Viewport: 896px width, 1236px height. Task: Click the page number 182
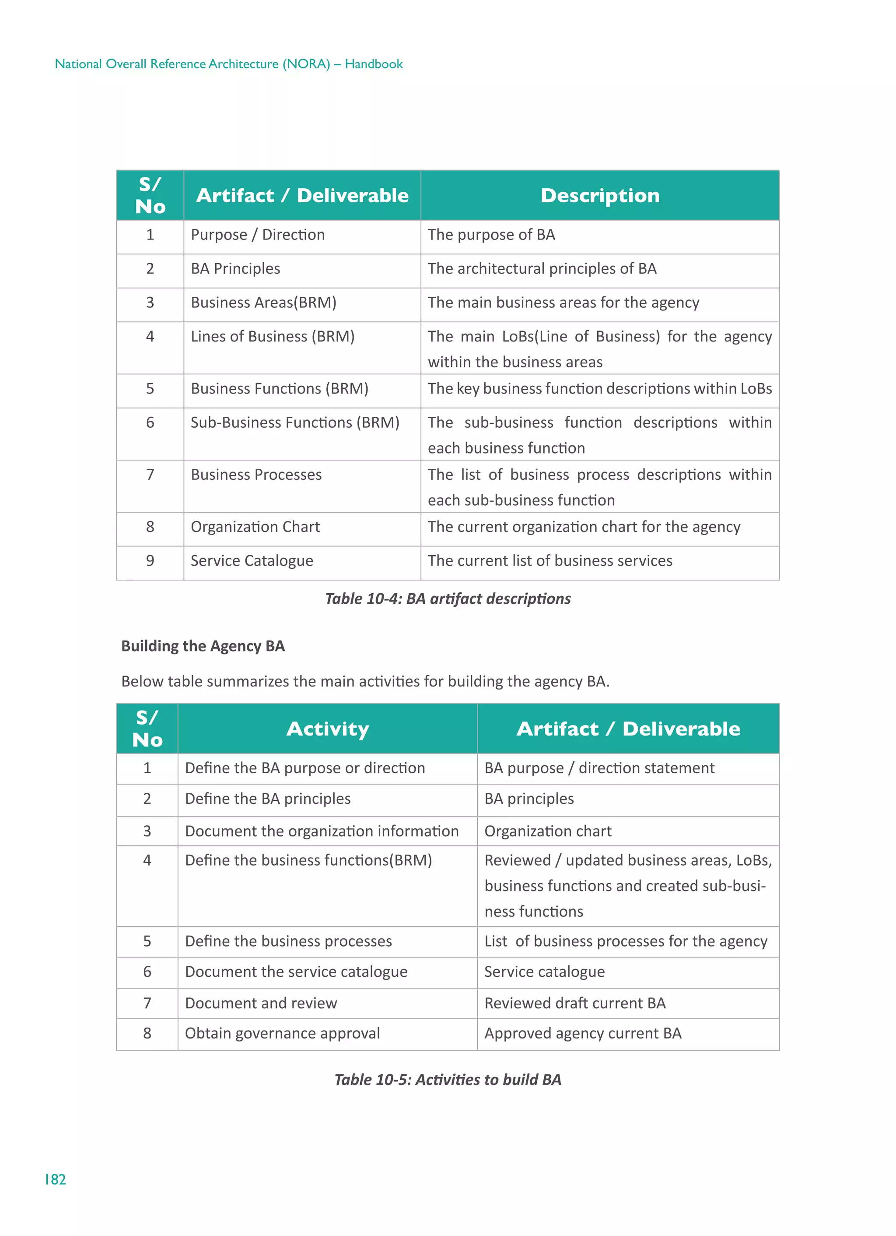[55, 1180]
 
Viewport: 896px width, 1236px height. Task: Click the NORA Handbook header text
[228, 64]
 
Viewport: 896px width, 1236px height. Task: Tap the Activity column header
[327, 729]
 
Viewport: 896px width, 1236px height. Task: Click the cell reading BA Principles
[235, 269]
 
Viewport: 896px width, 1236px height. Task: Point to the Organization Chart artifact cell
[255, 527]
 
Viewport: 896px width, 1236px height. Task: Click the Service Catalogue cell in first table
[252, 561]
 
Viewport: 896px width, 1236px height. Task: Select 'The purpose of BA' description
[491, 235]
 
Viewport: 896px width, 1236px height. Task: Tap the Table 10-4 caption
[447, 599]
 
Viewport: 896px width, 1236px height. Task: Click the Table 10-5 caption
[447, 1080]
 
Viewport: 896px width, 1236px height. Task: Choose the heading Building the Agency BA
[203, 646]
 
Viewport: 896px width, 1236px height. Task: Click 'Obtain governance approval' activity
[282, 1033]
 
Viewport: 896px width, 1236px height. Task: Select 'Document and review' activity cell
[261, 1004]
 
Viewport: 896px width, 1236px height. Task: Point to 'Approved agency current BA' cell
[582, 1033]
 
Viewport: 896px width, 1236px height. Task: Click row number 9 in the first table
[150, 561]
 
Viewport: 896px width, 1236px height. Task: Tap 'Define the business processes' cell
[288, 941]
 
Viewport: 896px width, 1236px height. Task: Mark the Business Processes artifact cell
[256, 475]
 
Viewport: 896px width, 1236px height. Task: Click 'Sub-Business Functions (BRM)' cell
[295, 423]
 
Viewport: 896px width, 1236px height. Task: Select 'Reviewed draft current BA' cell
[574, 1004]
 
